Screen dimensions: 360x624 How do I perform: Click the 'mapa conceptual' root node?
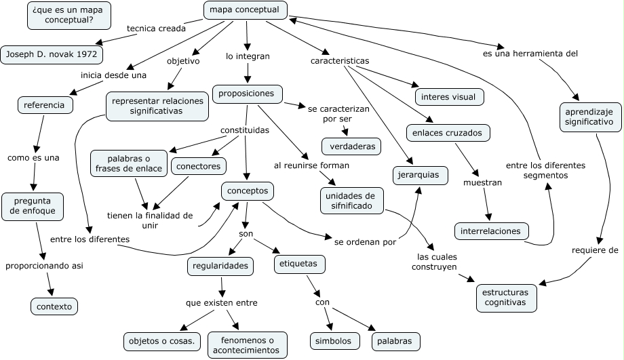click(245, 10)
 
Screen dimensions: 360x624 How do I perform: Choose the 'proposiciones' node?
click(247, 94)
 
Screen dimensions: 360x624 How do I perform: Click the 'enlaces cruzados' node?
click(447, 133)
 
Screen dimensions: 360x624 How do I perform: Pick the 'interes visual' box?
click(448, 97)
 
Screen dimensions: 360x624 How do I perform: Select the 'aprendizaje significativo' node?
click(590, 116)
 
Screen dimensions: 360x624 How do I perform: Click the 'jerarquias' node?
click(420, 175)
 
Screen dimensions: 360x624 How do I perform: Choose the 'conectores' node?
click(199, 165)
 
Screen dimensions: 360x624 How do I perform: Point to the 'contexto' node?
click(54, 306)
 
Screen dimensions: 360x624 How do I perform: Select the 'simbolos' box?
click(333, 340)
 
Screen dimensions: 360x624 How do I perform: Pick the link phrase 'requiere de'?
click(594, 249)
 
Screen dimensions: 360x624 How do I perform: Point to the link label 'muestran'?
click(483, 182)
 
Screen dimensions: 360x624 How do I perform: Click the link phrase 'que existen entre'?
click(222, 302)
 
